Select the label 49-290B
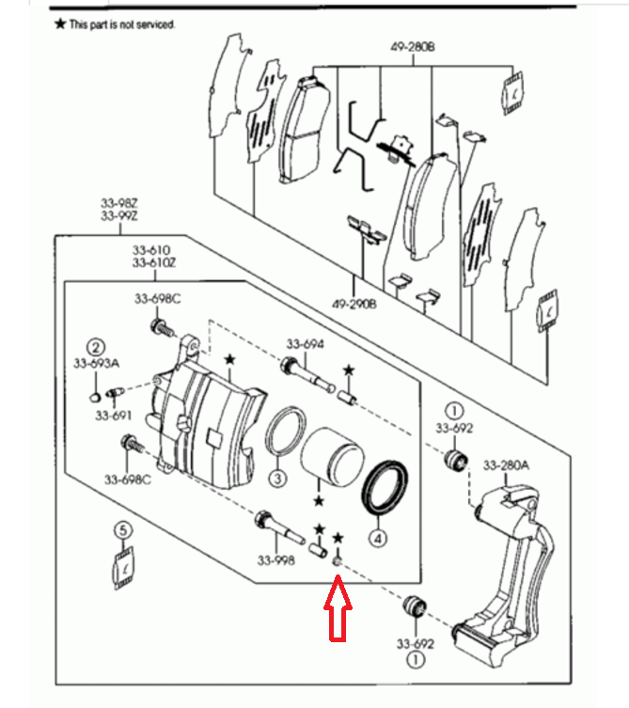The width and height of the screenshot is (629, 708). pyautogui.click(x=355, y=304)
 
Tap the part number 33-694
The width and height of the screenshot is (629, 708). pyautogui.click(x=305, y=345)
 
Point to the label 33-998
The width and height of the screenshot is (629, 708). pyautogui.click(x=275, y=561)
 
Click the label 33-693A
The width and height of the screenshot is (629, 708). pyautogui.click(x=97, y=363)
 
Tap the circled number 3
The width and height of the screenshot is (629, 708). pyautogui.click(x=276, y=479)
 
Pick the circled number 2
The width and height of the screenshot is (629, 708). pyautogui.click(x=96, y=346)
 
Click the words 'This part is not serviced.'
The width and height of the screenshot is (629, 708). pyautogui.click(x=122, y=24)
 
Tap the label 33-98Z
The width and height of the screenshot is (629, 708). pyautogui.click(x=119, y=202)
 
